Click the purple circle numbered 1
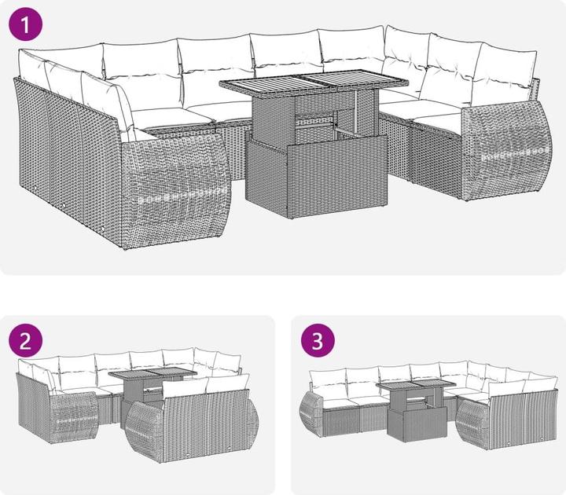click(25, 24)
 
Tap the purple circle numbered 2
click(26, 340)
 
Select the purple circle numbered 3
click(318, 340)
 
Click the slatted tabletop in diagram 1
click(314, 84)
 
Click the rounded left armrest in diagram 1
click(176, 189)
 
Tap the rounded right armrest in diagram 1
click(506, 150)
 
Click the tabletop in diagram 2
click(153, 374)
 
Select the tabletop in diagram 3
click(416, 385)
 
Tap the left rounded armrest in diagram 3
click(311, 414)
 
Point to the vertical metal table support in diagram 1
click(355, 112)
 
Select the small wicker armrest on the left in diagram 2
click(74, 417)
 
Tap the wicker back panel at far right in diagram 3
click(522, 419)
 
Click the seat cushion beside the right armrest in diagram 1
click(438, 122)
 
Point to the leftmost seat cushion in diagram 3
click(337, 403)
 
